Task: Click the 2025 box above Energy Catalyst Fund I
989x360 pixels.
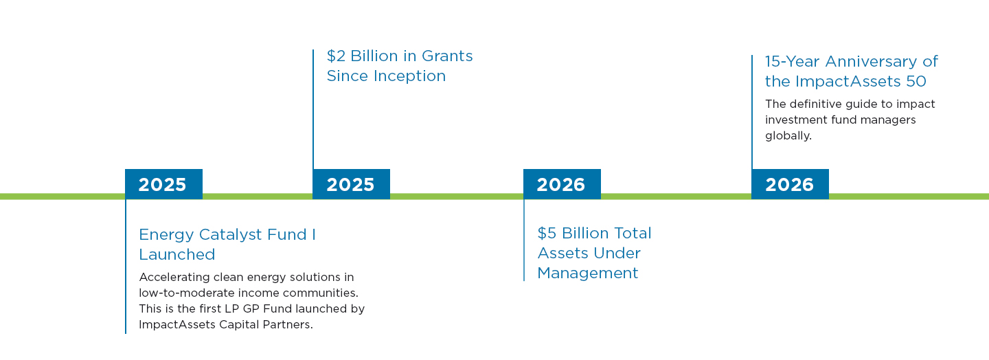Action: pyautogui.click(x=163, y=185)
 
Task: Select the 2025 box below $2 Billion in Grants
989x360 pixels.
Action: pyautogui.click(x=351, y=185)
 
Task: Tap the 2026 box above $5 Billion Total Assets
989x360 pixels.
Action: pyautogui.click(x=561, y=185)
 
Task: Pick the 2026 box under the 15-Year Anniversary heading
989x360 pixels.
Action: pyautogui.click(x=790, y=185)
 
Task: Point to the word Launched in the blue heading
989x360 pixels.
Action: pyautogui.click(x=177, y=255)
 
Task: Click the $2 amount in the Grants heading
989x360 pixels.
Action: pyautogui.click(x=336, y=56)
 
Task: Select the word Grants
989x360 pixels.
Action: pyautogui.click(x=447, y=56)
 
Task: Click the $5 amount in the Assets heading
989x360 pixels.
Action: pyautogui.click(x=547, y=234)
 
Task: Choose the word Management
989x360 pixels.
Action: pyautogui.click(x=588, y=273)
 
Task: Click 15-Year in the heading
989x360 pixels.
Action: pyautogui.click(x=792, y=62)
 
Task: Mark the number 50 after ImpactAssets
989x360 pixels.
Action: pyautogui.click(x=916, y=82)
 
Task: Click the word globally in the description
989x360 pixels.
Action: pyautogui.click(x=788, y=136)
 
